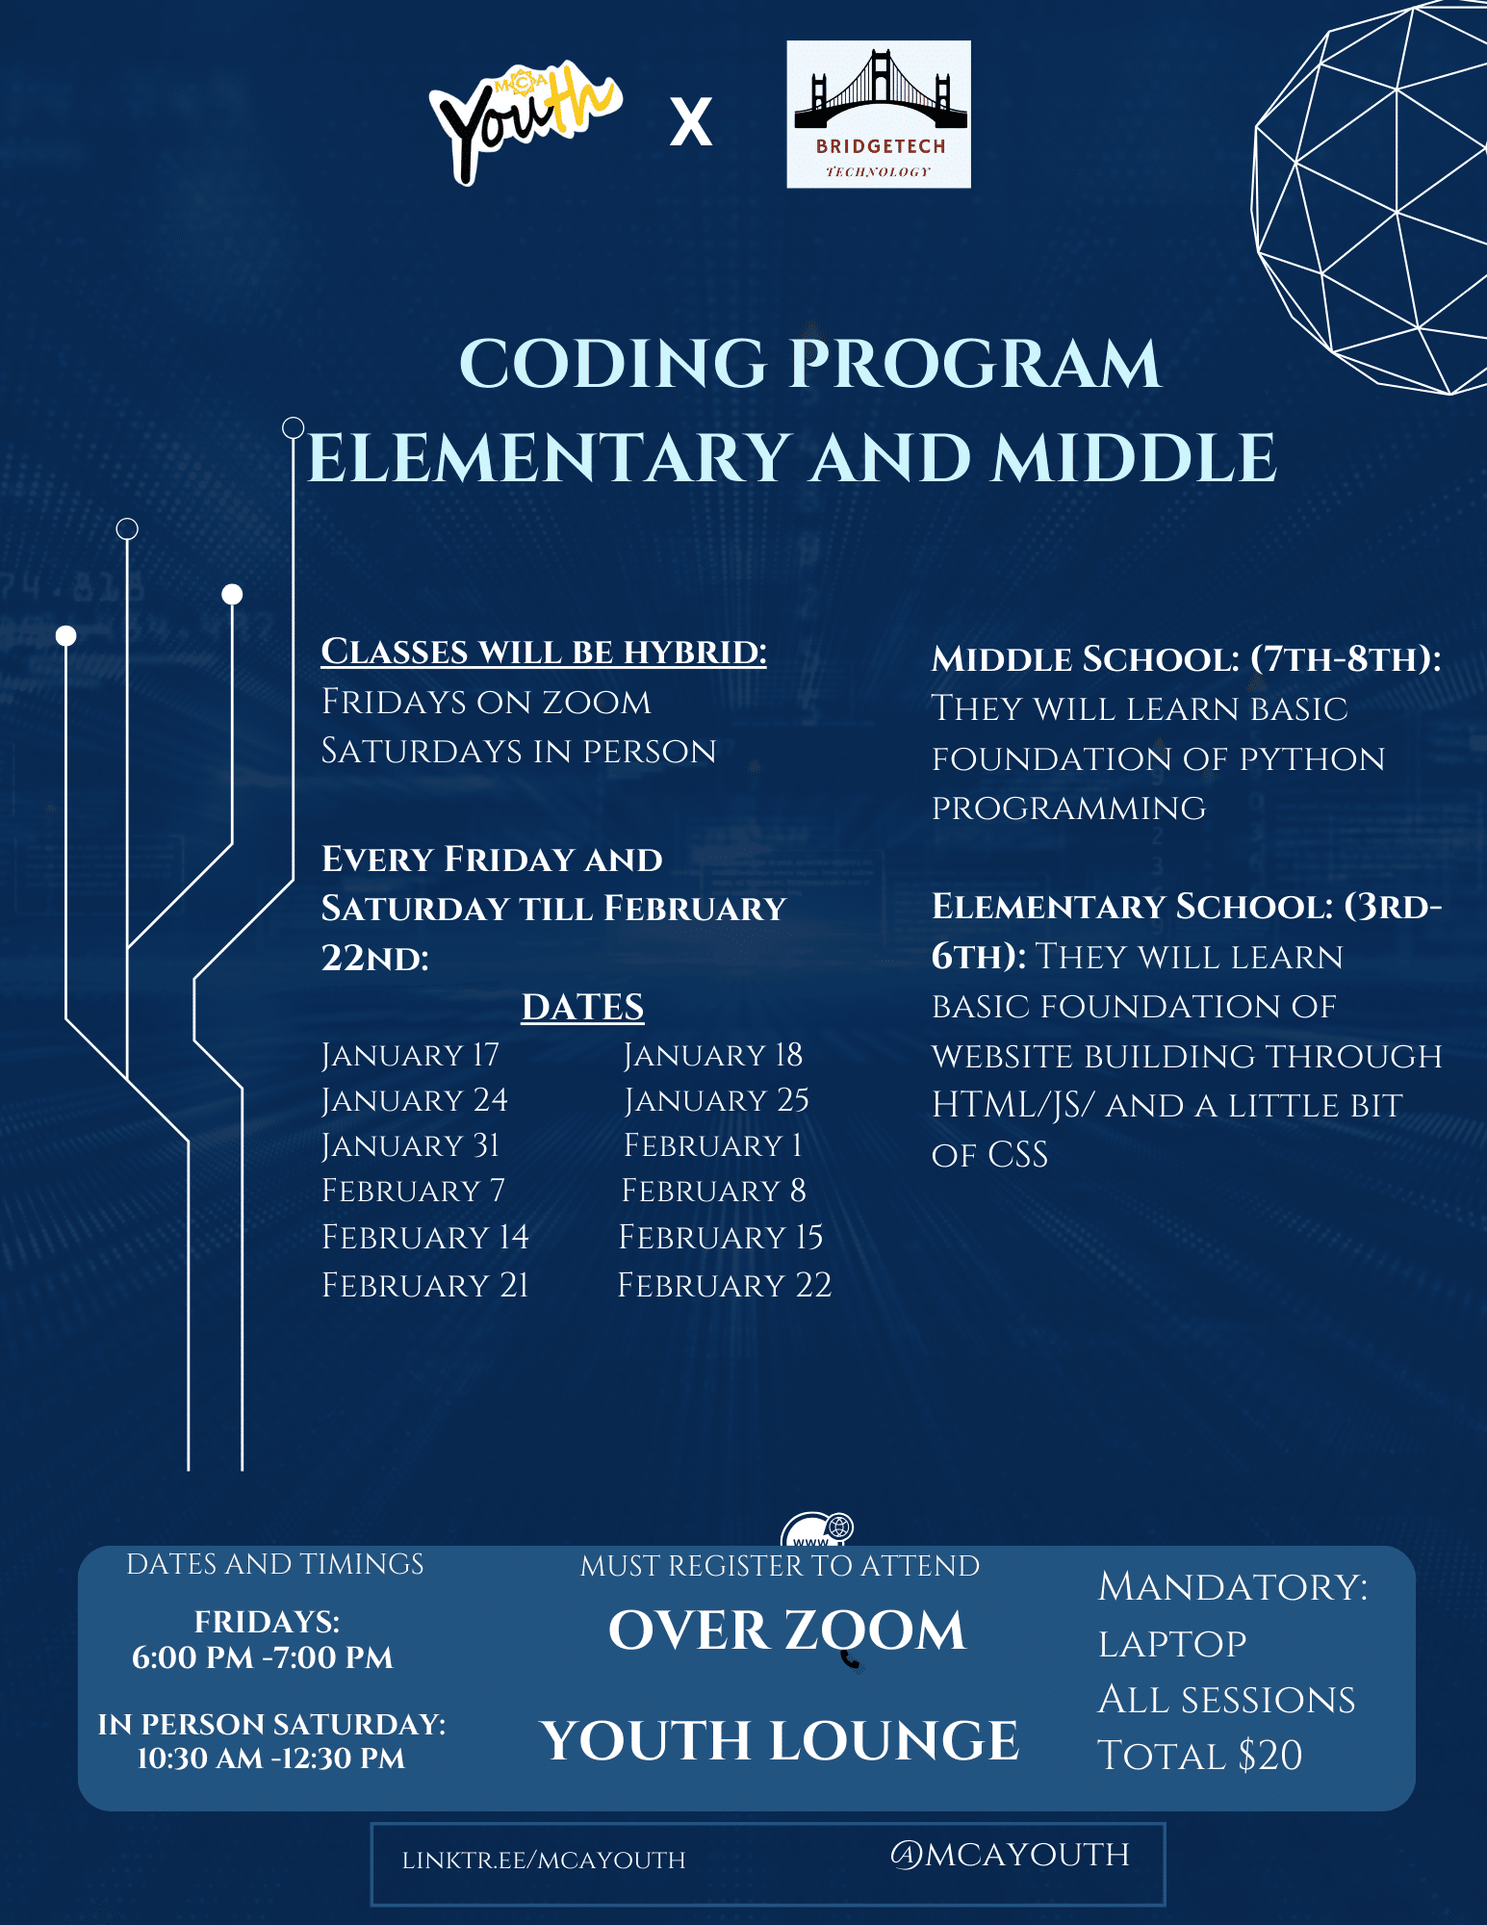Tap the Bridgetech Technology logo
point(878,114)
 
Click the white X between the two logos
point(691,122)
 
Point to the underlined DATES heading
point(582,1007)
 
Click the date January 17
point(410,1055)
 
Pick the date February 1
point(712,1145)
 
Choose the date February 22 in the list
point(724,1285)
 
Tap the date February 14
point(424,1237)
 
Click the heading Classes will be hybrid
point(543,652)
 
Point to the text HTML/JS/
point(1012,1105)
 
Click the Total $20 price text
point(1199,1756)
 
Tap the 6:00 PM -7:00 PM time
point(262,1657)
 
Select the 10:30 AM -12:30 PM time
point(270,1758)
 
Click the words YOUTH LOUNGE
point(780,1740)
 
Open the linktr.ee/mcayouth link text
point(544,1861)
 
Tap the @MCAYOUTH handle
point(1010,1855)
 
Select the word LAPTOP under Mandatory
point(1172,1644)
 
